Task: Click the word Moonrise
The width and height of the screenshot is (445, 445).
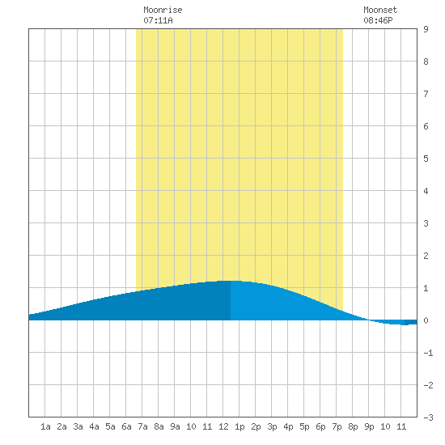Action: point(163,10)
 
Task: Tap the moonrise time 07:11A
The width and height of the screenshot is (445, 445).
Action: point(158,20)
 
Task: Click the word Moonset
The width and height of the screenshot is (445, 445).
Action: point(380,10)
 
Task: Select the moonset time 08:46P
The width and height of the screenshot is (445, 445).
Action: point(378,20)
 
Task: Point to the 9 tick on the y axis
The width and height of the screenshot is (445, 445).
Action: point(426,29)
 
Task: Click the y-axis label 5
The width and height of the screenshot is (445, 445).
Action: point(426,159)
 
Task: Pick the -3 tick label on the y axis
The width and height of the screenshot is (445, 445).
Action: point(428,417)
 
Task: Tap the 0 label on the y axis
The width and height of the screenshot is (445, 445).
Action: point(426,320)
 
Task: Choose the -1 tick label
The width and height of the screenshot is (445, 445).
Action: point(428,353)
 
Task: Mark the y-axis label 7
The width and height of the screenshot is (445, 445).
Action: point(426,94)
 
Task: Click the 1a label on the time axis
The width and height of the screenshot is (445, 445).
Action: point(45,426)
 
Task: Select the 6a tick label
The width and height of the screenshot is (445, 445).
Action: point(126,426)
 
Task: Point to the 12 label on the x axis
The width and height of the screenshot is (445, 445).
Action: point(223,426)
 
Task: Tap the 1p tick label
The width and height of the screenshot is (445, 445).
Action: point(239,426)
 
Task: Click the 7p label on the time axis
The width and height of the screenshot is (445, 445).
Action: point(337,426)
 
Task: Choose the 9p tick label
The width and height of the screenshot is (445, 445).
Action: point(369,426)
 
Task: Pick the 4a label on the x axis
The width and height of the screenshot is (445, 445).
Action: point(94,426)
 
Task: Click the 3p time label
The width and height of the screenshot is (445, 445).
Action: point(272,426)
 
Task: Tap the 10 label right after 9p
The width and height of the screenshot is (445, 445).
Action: point(385,426)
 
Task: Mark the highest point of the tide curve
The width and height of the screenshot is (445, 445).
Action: point(231,281)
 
